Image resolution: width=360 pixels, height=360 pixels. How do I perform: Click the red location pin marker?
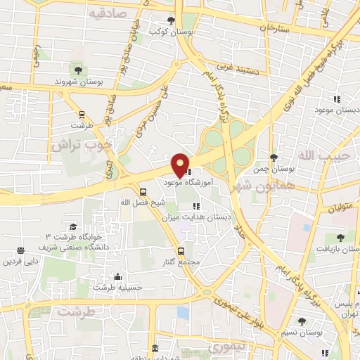coord(180,165)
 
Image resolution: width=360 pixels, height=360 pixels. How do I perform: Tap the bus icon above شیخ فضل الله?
coord(143,191)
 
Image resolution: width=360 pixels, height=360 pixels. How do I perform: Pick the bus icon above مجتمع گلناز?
coord(181,251)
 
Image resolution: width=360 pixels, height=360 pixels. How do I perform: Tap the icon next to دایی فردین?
coord(20,250)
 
